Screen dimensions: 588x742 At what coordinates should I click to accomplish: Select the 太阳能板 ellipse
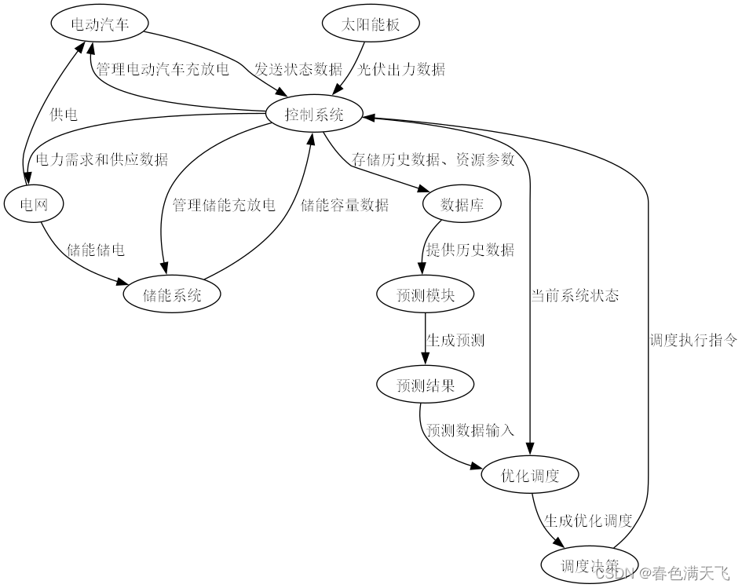pyautogui.click(x=371, y=24)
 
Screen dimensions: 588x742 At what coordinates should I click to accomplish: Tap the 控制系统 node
pyautogui.click(x=314, y=115)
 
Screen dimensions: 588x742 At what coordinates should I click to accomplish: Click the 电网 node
pyautogui.click(x=33, y=205)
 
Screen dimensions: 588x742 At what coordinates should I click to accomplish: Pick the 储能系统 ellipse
pyautogui.click(x=172, y=295)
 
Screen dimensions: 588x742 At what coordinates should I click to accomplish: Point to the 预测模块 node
pyautogui.click(x=426, y=295)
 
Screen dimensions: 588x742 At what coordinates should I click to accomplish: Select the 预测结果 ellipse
pyautogui.click(x=426, y=385)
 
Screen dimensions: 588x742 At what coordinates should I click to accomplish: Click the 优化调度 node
pyautogui.click(x=531, y=476)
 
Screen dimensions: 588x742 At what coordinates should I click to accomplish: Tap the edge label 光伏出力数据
pyautogui.click(x=402, y=69)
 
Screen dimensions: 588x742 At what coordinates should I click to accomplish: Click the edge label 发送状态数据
pyautogui.click(x=298, y=69)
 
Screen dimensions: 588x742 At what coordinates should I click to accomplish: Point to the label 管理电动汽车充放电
pyautogui.click(x=163, y=69)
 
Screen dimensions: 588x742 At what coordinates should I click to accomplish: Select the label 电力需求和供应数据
pyautogui.click(x=102, y=159)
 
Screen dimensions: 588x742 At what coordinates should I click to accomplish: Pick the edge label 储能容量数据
pyautogui.click(x=345, y=205)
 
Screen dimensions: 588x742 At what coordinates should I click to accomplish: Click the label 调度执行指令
pyautogui.click(x=694, y=341)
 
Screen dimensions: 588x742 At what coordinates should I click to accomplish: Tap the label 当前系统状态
pyautogui.click(x=575, y=295)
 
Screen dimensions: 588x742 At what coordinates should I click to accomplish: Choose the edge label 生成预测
pyautogui.click(x=455, y=341)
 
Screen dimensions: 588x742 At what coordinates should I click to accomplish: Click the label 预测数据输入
pyautogui.click(x=470, y=430)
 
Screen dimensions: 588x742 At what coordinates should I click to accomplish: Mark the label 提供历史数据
pyautogui.click(x=470, y=250)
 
